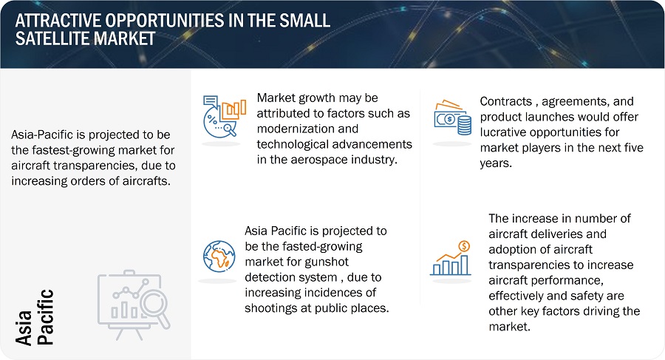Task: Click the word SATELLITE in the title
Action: [52, 39]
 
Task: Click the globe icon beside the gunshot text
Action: [219, 257]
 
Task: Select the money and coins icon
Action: [452, 118]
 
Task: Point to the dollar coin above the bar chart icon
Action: [464, 246]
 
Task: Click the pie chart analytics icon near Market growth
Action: [225, 116]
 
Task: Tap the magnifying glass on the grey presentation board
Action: [155, 308]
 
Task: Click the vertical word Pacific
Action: [45, 316]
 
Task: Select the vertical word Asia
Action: [24, 327]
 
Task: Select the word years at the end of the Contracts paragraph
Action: [495, 163]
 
